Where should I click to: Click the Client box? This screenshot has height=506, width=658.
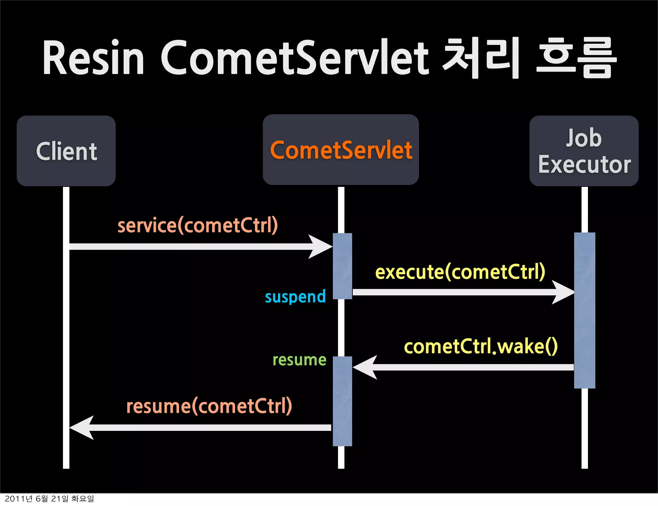[x=66, y=151]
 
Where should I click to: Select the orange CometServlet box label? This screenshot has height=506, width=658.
[x=341, y=150]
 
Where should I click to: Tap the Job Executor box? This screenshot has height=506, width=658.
[x=584, y=151]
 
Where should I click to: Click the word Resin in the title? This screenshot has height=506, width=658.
[x=93, y=58]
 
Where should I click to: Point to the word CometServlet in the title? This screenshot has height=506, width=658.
[x=295, y=58]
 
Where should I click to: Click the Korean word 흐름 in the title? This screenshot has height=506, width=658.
[x=577, y=58]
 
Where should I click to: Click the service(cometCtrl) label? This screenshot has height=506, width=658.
[x=198, y=225]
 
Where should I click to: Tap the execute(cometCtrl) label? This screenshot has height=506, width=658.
[x=460, y=272]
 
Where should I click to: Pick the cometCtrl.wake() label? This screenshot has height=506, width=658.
[x=481, y=347]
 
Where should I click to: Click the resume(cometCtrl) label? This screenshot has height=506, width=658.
[x=209, y=406]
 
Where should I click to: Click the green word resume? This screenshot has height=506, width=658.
[x=299, y=360]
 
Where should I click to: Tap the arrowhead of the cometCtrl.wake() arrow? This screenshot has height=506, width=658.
[x=365, y=367]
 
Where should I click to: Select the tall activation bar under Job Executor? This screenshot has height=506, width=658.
[x=584, y=310]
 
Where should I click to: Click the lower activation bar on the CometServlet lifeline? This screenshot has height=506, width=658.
[x=342, y=401]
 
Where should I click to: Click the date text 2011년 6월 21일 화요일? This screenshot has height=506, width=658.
[x=49, y=499]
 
